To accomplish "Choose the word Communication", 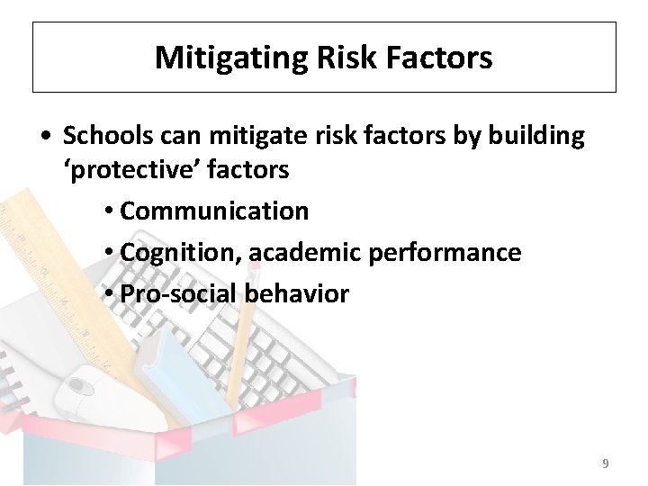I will pyautogui.click(x=214, y=211).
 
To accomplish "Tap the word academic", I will pyautogui.click(x=305, y=252).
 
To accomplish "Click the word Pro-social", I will pyautogui.click(x=168, y=293).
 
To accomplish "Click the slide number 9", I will pyautogui.click(x=605, y=463).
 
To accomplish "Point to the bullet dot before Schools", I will pyautogui.click(x=44, y=137).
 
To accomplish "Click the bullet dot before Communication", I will pyautogui.click(x=107, y=211).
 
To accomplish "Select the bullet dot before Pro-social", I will pyautogui.click(x=107, y=294).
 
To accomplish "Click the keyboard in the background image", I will pyautogui.click(x=270, y=351).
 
